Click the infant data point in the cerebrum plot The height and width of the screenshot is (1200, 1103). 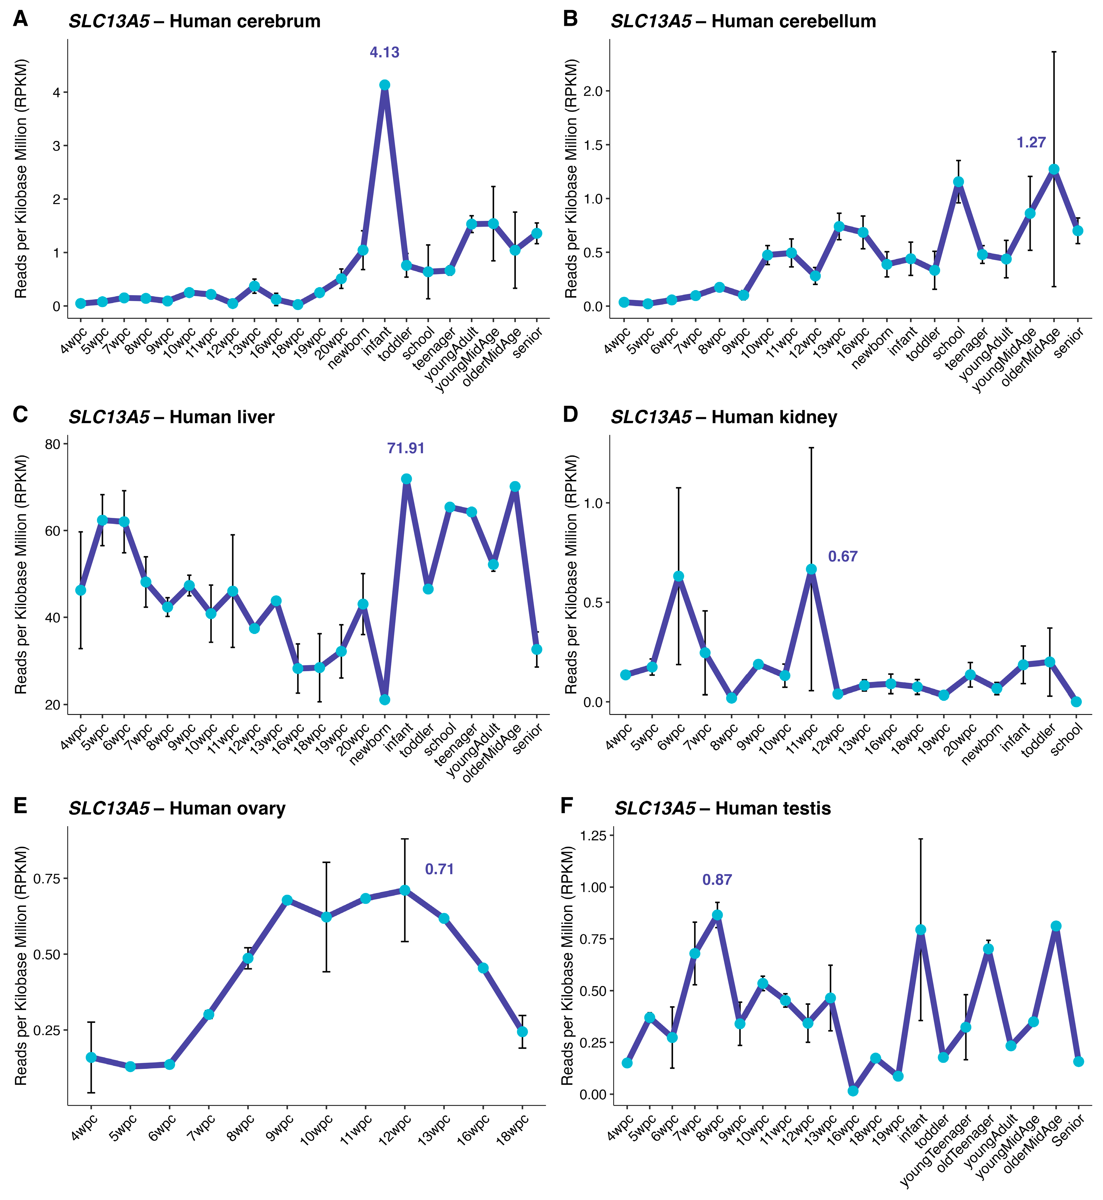pyautogui.click(x=384, y=85)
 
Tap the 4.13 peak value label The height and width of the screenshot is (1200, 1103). pyautogui.click(x=384, y=53)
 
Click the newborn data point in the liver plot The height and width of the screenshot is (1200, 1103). pyautogui.click(x=384, y=699)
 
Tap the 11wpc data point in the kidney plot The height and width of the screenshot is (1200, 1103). pyautogui.click(x=811, y=569)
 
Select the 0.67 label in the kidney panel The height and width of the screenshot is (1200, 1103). pyautogui.click(x=842, y=556)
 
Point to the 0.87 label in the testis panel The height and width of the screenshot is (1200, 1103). pyautogui.click(x=717, y=880)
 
